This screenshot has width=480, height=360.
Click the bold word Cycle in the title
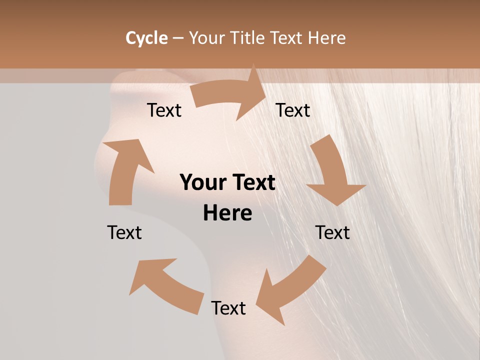point(146,38)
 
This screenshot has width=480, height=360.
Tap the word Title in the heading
point(248,38)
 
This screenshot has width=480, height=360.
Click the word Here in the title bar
point(326,38)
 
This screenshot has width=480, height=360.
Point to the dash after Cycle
point(178,38)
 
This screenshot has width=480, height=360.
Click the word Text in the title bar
point(287,38)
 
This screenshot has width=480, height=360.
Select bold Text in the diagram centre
point(252,182)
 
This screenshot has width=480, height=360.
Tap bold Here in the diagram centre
point(227,213)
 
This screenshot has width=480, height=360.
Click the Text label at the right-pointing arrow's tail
point(164,110)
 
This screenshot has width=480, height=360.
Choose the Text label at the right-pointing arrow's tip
point(293,110)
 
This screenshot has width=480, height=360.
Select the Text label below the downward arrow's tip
point(332,232)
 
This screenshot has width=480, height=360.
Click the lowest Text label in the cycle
point(228,308)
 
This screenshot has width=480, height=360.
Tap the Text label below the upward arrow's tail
point(124,232)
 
